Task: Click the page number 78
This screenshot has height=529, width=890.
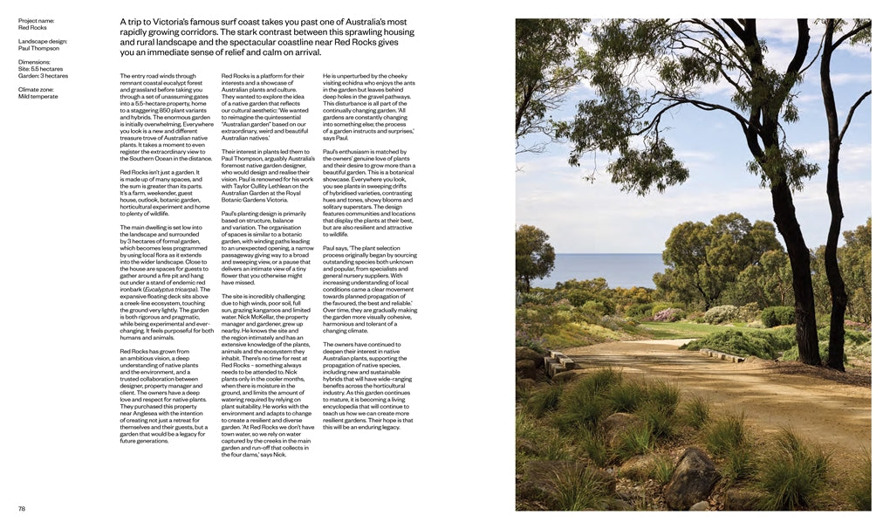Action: tap(22, 508)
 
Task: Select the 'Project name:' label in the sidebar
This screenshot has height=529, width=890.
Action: tap(36, 19)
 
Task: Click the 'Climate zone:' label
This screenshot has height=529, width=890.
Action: tap(37, 89)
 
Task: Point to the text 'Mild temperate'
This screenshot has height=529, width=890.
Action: tap(38, 96)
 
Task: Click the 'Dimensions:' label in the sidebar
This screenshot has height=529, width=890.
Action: tap(35, 62)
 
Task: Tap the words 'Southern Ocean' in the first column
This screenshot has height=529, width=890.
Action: tap(156, 158)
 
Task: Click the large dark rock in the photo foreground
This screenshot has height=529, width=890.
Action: tap(693, 477)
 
